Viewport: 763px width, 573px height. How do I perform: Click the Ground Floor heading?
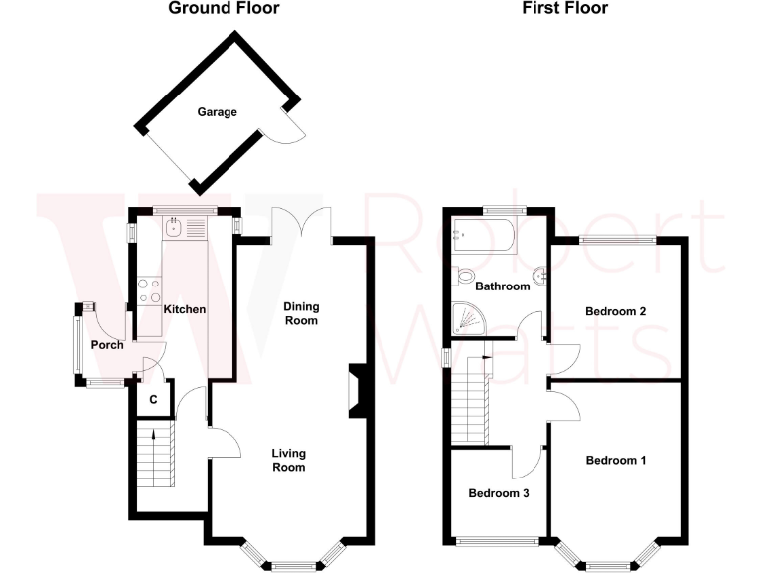[224, 9]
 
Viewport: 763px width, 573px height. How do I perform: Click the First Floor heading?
[564, 9]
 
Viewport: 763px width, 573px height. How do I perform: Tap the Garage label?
[217, 112]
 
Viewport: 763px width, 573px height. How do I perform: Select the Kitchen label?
[184, 309]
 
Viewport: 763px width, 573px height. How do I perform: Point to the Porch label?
[107, 345]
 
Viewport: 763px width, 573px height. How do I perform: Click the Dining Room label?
[300, 313]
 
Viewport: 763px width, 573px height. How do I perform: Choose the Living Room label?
[288, 460]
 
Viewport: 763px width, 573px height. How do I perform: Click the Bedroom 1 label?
[616, 460]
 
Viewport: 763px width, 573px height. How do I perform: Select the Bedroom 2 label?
[616, 311]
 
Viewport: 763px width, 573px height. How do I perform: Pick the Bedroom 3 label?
[498, 493]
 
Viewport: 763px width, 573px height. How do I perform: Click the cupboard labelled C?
[153, 399]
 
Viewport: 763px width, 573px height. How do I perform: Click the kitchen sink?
[175, 228]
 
